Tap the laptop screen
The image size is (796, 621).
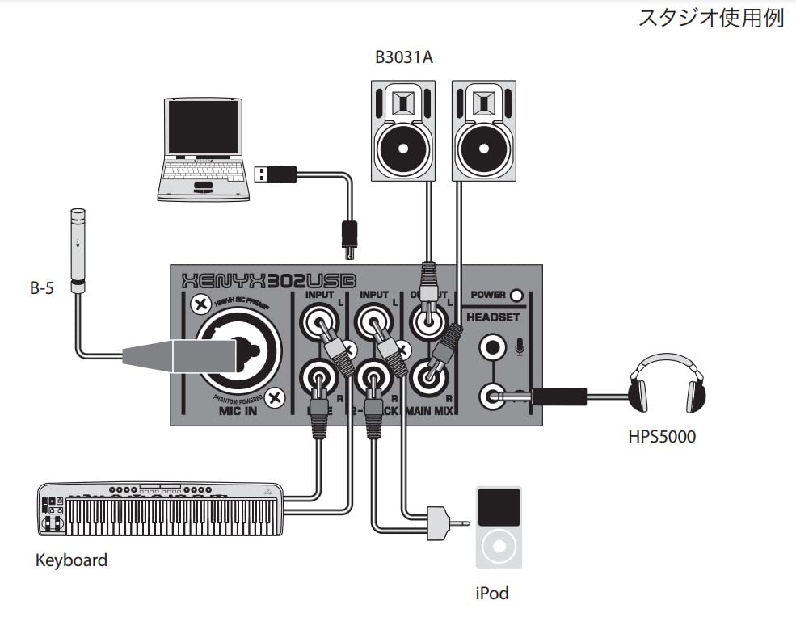click(203, 127)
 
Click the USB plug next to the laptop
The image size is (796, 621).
click(275, 173)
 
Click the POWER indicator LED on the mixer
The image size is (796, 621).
click(516, 296)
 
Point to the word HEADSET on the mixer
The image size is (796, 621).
click(493, 317)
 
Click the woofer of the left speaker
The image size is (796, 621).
click(402, 148)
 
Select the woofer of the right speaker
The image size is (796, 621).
click(482, 148)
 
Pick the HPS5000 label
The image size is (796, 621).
click(662, 437)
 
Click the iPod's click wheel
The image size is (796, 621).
click(499, 546)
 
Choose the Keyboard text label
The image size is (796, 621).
click(71, 560)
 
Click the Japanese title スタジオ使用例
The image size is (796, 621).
click(711, 19)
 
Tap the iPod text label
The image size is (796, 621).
click(492, 593)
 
